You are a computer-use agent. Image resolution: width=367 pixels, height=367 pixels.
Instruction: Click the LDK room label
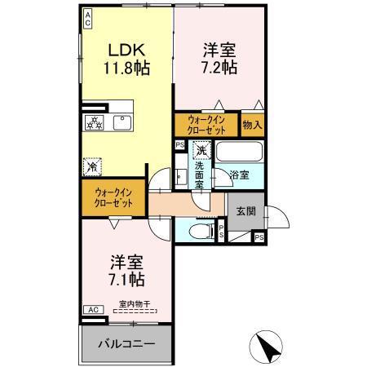tap(121, 50)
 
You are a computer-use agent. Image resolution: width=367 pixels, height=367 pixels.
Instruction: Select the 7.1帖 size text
tap(128, 280)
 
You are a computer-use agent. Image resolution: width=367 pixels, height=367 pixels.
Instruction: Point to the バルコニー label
tap(126, 343)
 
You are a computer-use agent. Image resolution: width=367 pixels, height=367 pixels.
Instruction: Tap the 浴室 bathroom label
tap(238, 175)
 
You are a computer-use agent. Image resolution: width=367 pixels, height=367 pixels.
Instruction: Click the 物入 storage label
tap(252, 125)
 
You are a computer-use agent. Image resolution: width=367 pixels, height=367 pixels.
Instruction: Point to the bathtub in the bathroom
tap(238, 152)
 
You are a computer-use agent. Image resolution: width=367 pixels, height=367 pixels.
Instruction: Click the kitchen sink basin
tap(126, 122)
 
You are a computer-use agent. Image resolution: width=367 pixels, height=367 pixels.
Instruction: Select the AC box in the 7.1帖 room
tap(93, 310)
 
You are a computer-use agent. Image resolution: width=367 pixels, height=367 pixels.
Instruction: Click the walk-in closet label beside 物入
tap(206, 125)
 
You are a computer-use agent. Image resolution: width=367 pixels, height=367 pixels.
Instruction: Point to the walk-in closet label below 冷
tap(110, 196)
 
